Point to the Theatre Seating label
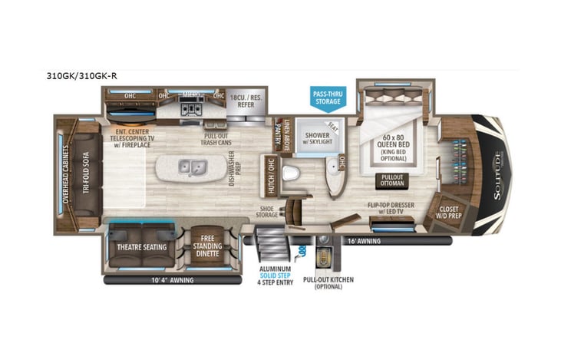pyautogui.click(x=139, y=247)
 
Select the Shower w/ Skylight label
pyautogui.click(x=317, y=137)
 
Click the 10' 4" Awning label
pyautogui.click(x=172, y=280)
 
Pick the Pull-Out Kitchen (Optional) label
pyautogui.click(x=328, y=284)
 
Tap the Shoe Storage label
pyautogui.click(x=268, y=211)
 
